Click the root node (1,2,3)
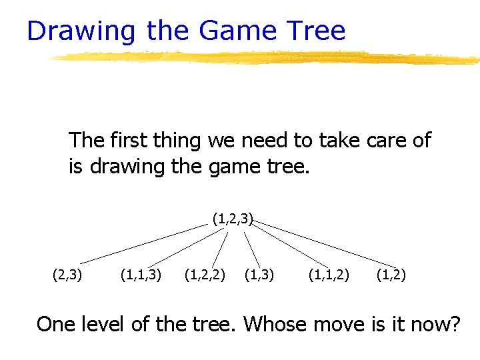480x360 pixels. pos(233,218)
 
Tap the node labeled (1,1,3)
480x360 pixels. pos(141,274)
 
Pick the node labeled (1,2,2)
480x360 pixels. pos(204,274)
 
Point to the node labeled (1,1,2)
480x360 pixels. pos(328,274)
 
